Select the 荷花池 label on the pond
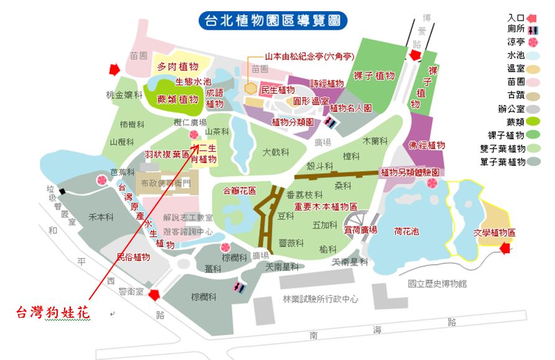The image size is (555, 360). coord(406,231)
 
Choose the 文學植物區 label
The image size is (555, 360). coord(495,233)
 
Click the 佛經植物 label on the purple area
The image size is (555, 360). coord(427,145)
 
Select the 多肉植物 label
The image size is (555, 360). coord(177,67)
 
